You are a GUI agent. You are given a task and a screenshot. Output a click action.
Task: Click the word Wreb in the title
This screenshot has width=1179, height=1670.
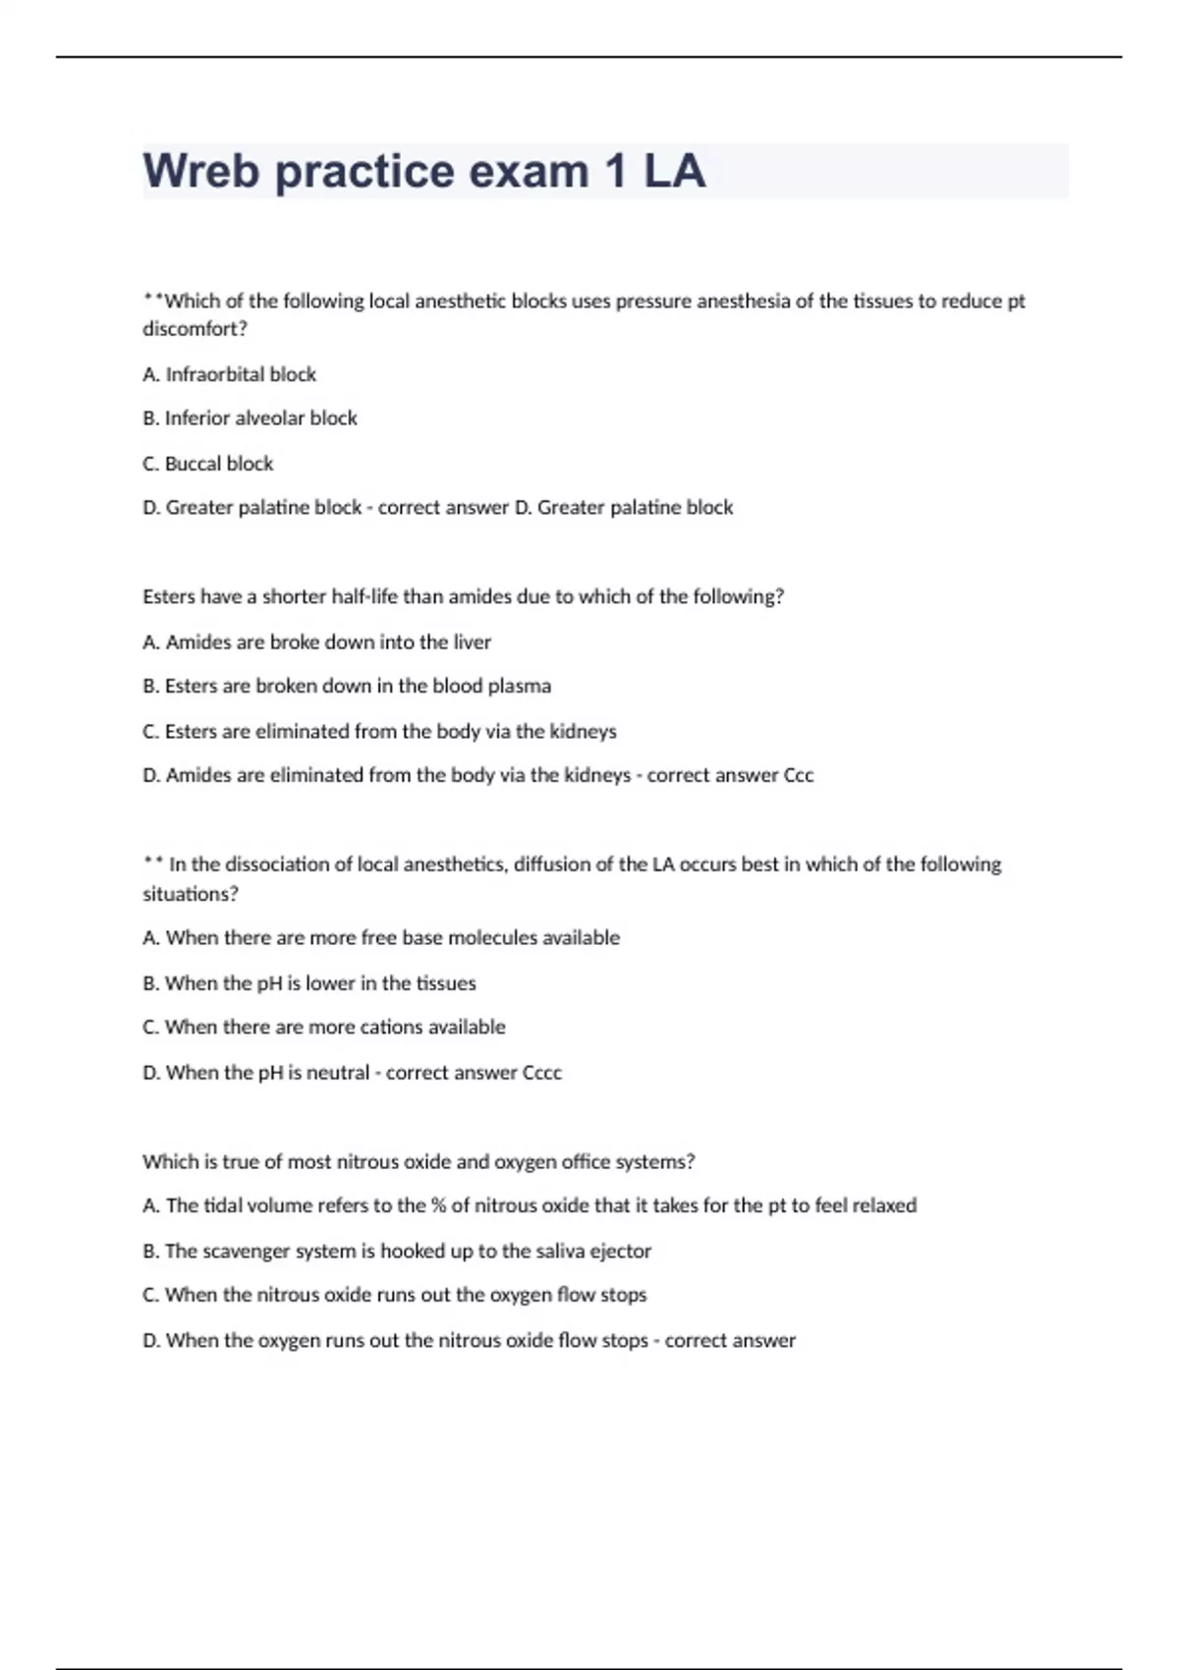click(201, 171)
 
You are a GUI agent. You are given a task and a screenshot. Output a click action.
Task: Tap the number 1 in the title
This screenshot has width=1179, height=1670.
click(616, 171)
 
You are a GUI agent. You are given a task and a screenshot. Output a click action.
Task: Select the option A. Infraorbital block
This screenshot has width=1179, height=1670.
click(229, 374)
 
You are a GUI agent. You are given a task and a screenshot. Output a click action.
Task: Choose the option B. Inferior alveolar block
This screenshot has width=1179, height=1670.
click(250, 418)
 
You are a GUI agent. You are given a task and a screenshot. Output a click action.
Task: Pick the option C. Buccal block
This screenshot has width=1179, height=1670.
click(207, 464)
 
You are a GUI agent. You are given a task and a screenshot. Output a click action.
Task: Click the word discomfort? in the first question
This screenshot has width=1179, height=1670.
click(195, 329)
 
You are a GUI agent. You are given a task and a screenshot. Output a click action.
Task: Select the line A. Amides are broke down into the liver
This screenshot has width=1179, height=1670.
click(316, 642)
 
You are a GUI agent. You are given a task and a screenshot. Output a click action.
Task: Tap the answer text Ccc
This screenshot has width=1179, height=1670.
click(799, 775)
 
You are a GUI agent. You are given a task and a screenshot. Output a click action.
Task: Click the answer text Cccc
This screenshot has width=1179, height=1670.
click(542, 1073)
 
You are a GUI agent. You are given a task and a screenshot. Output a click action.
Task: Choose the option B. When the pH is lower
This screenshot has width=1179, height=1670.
click(309, 983)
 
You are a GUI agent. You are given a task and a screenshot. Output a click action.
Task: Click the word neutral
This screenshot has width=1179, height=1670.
click(338, 1073)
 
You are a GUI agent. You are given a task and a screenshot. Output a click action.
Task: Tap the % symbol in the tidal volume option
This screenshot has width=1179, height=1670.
click(438, 1205)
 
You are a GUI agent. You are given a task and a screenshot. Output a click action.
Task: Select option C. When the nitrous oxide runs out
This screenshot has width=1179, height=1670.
click(394, 1295)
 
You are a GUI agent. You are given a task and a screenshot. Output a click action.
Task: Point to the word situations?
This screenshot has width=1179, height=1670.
click(191, 894)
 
